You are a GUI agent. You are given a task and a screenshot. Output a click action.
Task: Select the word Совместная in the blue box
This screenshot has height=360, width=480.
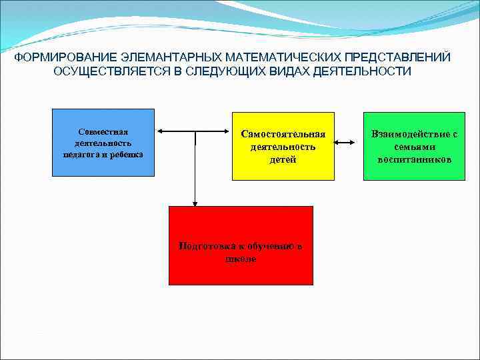(103, 132)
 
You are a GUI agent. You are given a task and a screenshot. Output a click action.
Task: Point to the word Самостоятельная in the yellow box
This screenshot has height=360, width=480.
(283, 135)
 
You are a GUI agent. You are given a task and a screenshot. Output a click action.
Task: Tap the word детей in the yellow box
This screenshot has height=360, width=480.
(283, 160)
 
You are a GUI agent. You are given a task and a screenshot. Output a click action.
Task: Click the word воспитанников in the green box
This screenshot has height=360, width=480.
(414, 160)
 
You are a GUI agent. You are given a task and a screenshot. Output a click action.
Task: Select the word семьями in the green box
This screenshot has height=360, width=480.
(414, 147)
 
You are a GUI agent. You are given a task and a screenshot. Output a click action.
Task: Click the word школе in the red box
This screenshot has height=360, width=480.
(241, 259)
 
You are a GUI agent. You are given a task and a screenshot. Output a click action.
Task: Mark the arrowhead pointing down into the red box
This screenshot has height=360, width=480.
(195, 203)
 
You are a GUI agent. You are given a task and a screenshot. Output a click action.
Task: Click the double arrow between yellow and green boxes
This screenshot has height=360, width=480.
(348, 142)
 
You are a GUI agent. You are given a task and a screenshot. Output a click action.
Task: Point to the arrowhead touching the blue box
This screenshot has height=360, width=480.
(159, 131)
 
